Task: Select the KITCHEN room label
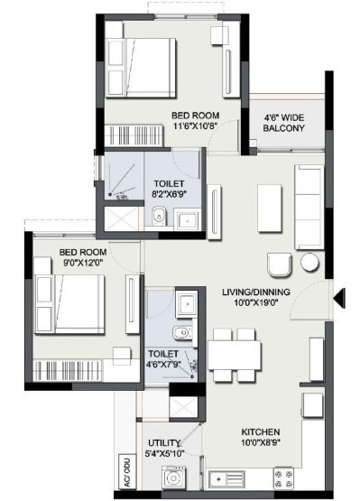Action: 261,431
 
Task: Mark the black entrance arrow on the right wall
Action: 337,295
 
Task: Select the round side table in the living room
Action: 311,263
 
